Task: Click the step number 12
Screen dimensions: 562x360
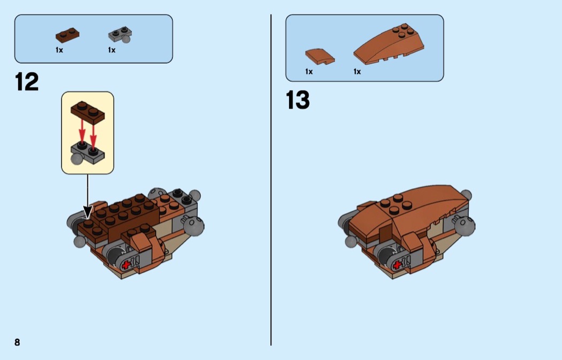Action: pyautogui.click(x=27, y=82)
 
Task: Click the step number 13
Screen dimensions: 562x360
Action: pyautogui.click(x=298, y=100)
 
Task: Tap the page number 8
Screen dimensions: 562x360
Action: pyautogui.click(x=17, y=342)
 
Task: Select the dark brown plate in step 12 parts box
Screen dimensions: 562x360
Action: pyautogui.click(x=67, y=35)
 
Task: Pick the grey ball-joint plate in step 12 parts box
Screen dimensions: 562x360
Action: pyautogui.click(x=120, y=35)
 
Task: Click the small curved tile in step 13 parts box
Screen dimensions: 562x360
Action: pyautogui.click(x=320, y=57)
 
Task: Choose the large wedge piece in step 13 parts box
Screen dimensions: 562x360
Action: pyautogui.click(x=389, y=44)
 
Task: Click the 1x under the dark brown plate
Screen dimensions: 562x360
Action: pyautogui.click(x=59, y=50)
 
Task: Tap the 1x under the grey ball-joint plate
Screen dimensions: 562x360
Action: pyautogui.click(x=112, y=50)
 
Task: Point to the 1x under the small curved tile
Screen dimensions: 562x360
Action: pyautogui.click(x=309, y=72)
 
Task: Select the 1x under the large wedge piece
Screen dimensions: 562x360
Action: pyautogui.click(x=357, y=72)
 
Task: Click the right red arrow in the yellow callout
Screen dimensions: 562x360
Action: pyautogui.click(x=93, y=136)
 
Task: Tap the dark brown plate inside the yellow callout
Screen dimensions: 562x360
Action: pyautogui.click(x=88, y=112)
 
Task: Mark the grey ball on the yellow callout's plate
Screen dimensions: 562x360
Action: pyautogui.click(x=77, y=159)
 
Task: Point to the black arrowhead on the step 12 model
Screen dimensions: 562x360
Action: pyautogui.click(x=87, y=212)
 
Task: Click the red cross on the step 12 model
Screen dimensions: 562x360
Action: pyautogui.click(x=126, y=265)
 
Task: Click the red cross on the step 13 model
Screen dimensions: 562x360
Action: pyautogui.click(x=397, y=265)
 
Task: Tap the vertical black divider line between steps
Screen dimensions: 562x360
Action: pyautogui.click(x=271, y=180)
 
